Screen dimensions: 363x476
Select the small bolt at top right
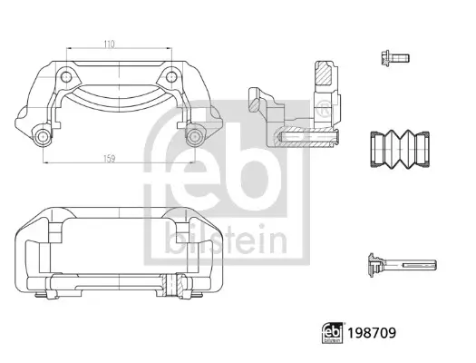(x=393, y=57)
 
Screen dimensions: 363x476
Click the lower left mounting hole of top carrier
(x=42, y=137)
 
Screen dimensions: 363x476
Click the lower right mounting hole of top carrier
(x=193, y=137)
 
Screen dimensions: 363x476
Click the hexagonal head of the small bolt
(x=383, y=57)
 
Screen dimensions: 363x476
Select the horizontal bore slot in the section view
(x=308, y=137)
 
